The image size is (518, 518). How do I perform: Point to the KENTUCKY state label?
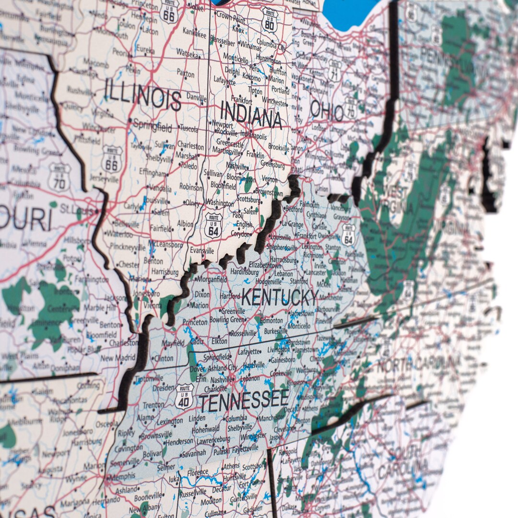pos(280,298)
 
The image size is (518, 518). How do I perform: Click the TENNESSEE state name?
pos(244,400)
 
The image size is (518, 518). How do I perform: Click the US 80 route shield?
pos(270,20)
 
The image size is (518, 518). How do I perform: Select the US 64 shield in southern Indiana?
pos(213,225)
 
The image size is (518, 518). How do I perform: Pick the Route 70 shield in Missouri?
pos(59,177)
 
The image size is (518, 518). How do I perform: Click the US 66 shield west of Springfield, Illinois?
pos(112,159)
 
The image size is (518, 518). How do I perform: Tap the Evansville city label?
pos(201,250)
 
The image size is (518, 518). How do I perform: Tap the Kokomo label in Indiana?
pos(251,76)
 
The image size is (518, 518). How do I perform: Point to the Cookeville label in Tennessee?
pos(281,373)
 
